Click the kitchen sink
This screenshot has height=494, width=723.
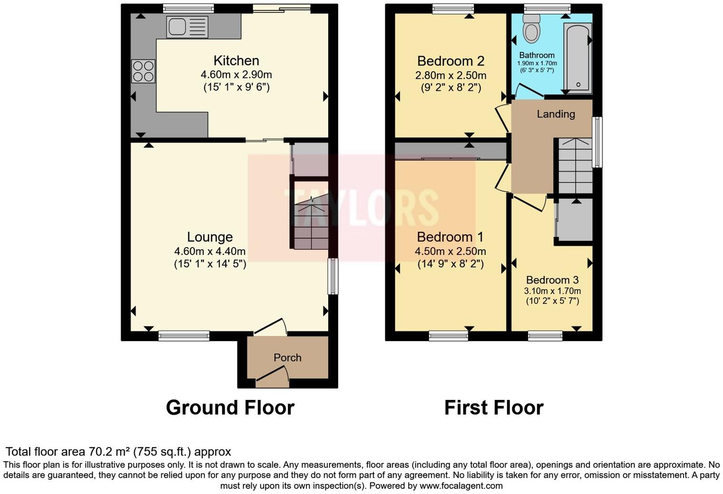coord(187,27)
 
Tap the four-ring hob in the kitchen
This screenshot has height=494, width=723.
coord(143,71)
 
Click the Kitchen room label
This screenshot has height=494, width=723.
coord(236,61)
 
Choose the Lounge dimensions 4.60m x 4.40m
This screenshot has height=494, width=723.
coord(210,251)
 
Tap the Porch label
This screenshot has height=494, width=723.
coord(287,358)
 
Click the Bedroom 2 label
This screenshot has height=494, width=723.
coord(450,61)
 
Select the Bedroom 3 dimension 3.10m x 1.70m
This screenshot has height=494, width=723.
coord(552,291)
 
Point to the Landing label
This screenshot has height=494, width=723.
coord(556,114)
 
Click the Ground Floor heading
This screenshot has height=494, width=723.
coord(230,408)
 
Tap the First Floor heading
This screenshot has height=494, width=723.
coord(494,408)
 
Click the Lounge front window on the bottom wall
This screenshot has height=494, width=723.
coord(184,336)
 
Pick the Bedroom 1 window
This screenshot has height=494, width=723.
coord(448,336)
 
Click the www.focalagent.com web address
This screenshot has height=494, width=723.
coord(461,485)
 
